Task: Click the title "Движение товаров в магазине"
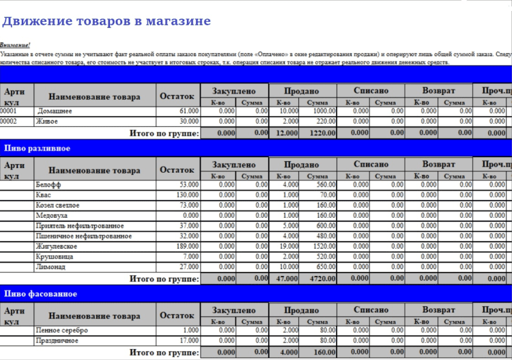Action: [106, 21]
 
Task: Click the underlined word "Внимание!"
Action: [16, 44]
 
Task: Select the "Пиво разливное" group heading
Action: [38, 148]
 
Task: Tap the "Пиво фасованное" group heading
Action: [40, 294]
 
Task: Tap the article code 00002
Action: [9, 121]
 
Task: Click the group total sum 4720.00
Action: [321, 279]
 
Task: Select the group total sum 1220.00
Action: [321, 133]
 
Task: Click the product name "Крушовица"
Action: [53, 257]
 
